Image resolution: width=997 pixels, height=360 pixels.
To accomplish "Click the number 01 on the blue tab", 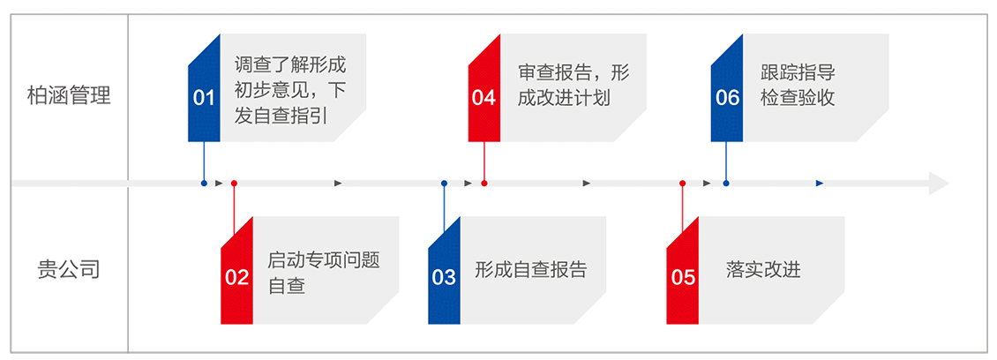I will [x=204, y=97].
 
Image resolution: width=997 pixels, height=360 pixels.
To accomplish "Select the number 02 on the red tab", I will [x=236, y=277].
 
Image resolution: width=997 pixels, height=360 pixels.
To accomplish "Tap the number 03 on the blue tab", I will [x=444, y=277].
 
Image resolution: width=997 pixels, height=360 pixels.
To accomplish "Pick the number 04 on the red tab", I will [x=484, y=97].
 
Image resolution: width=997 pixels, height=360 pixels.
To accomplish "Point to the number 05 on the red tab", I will [x=684, y=277].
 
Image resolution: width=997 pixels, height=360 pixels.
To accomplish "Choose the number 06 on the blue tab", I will [x=727, y=97].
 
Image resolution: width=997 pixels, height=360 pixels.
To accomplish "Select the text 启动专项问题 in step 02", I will [x=323, y=261].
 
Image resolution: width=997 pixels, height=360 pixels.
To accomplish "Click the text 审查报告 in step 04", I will [x=548, y=74].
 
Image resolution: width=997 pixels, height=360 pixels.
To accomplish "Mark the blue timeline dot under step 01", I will [x=204, y=183].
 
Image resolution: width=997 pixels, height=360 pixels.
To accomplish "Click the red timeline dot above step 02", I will [x=234, y=183].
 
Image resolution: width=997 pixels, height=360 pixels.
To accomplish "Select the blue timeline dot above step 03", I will [x=444, y=183].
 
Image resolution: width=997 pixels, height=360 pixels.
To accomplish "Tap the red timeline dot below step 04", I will [x=484, y=183].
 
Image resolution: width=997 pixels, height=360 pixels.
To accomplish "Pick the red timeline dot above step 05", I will [x=683, y=183].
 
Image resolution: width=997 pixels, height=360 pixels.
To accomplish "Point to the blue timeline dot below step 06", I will [x=726, y=183].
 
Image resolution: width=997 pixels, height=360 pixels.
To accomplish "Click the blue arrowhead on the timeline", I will [x=820, y=183].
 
